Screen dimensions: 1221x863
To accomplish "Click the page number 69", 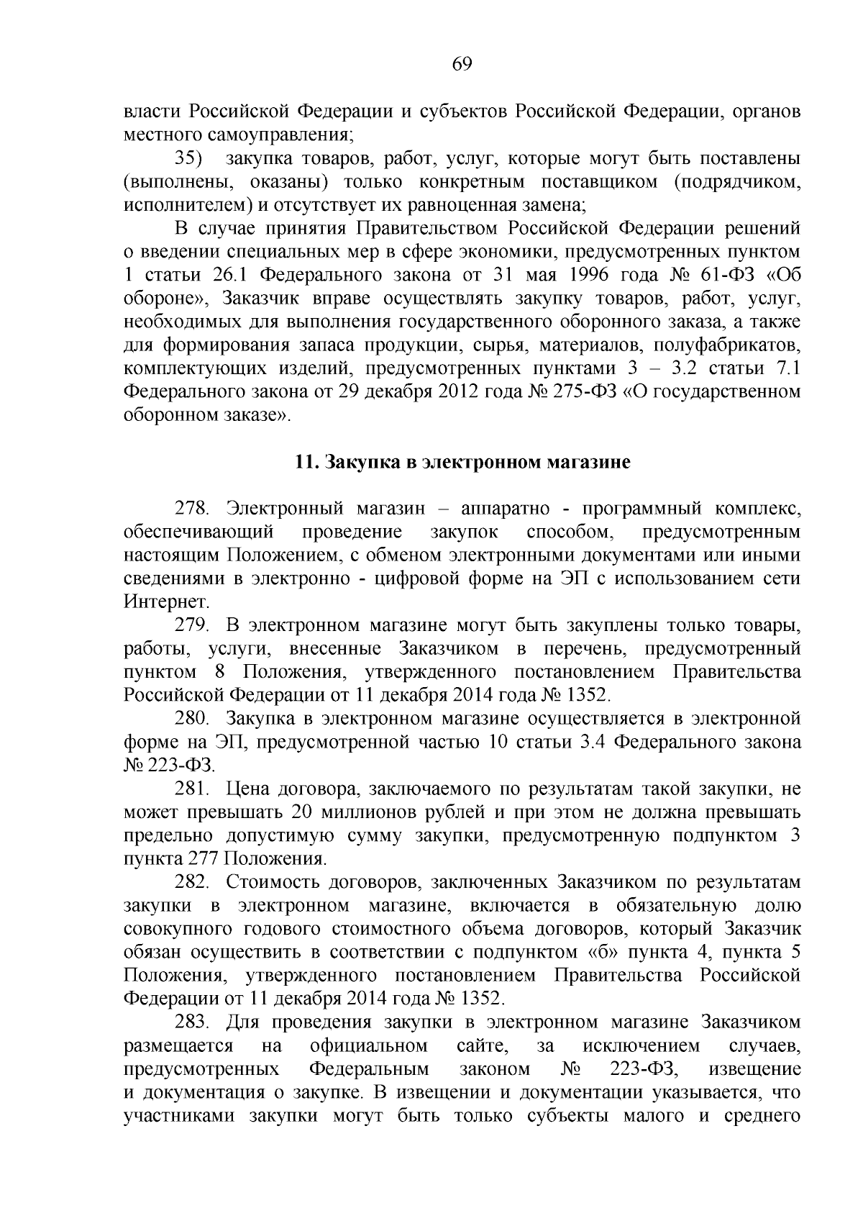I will pos(462,64).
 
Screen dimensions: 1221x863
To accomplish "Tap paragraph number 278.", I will pos(192,509).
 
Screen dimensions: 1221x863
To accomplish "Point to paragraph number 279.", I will pos(192,625).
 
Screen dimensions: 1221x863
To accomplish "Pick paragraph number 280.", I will pos(192,718).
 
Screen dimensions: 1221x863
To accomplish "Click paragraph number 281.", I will pos(192,789).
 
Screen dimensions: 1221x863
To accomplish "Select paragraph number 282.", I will pos(192,882).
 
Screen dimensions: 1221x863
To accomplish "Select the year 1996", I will pos(588,276).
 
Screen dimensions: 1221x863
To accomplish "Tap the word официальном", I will pos(369,1045).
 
